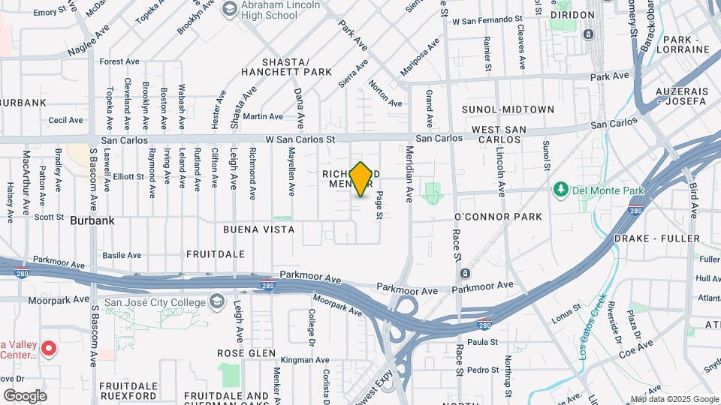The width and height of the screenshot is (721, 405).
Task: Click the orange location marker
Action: coord(361,179)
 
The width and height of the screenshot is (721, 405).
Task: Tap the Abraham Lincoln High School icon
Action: coord(229,10)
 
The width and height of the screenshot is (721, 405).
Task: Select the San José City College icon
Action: coord(217,302)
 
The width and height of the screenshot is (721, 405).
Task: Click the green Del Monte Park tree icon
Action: coord(560,189)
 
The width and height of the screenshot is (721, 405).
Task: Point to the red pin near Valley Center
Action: coord(49,347)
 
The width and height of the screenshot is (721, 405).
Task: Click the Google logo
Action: coord(25,395)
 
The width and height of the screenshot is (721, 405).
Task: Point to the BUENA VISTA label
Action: coord(258,228)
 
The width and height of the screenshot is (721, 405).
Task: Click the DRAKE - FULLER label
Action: coord(656,238)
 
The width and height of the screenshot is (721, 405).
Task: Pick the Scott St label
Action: coord(49,217)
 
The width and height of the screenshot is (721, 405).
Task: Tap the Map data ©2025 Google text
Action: coord(673,399)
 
